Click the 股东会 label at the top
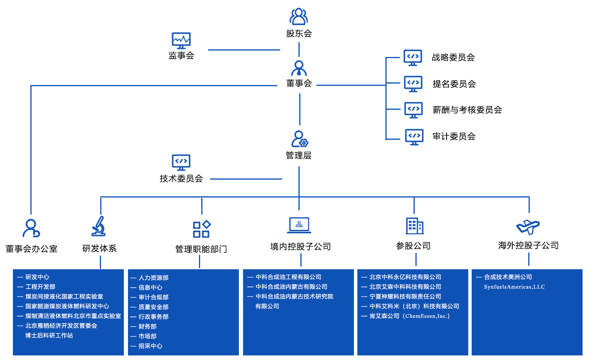point(299,33)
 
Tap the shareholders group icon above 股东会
point(299,17)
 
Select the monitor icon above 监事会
point(181,40)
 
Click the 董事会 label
point(299,83)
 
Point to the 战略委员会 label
point(453,57)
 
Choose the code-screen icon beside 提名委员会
point(413,84)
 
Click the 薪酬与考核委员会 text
point(467,110)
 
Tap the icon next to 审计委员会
point(414,137)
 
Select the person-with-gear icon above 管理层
point(299,139)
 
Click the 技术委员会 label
point(181,178)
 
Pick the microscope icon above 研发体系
point(99,226)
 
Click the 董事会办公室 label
point(32,249)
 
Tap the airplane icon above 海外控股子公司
point(528,227)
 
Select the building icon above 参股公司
point(415,226)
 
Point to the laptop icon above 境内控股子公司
point(299,225)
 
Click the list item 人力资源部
point(153,278)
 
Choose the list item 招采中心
point(150,346)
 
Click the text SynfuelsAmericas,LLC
point(514,287)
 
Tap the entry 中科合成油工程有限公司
point(288,277)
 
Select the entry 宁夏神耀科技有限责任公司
point(405,297)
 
